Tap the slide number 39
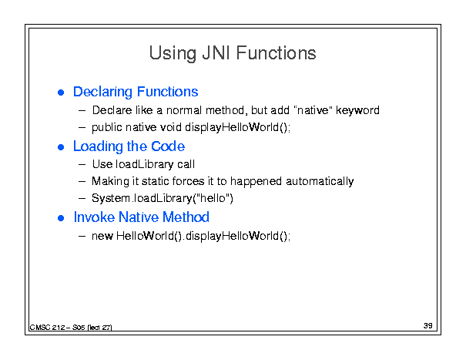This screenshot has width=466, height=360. [x=428, y=325]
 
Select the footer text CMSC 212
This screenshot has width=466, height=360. [x=47, y=328]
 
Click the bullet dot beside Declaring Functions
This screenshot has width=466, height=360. [x=61, y=93]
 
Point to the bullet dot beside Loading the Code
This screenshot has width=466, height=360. [x=61, y=147]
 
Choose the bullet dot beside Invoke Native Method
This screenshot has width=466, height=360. [x=61, y=218]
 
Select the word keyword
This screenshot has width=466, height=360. [x=357, y=110]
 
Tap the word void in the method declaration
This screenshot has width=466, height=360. [x=171, y=127]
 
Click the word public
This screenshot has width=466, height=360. [x=107, y=128]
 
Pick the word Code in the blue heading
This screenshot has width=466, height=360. [x=168, y=146]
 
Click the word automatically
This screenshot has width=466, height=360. [x=320, y=181]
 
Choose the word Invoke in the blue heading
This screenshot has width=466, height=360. [x=94, y=217]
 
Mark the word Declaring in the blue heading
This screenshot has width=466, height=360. [x=102, y=92]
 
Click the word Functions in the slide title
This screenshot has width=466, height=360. [x=276, y=53]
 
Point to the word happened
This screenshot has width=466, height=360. [x=256, y=182]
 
